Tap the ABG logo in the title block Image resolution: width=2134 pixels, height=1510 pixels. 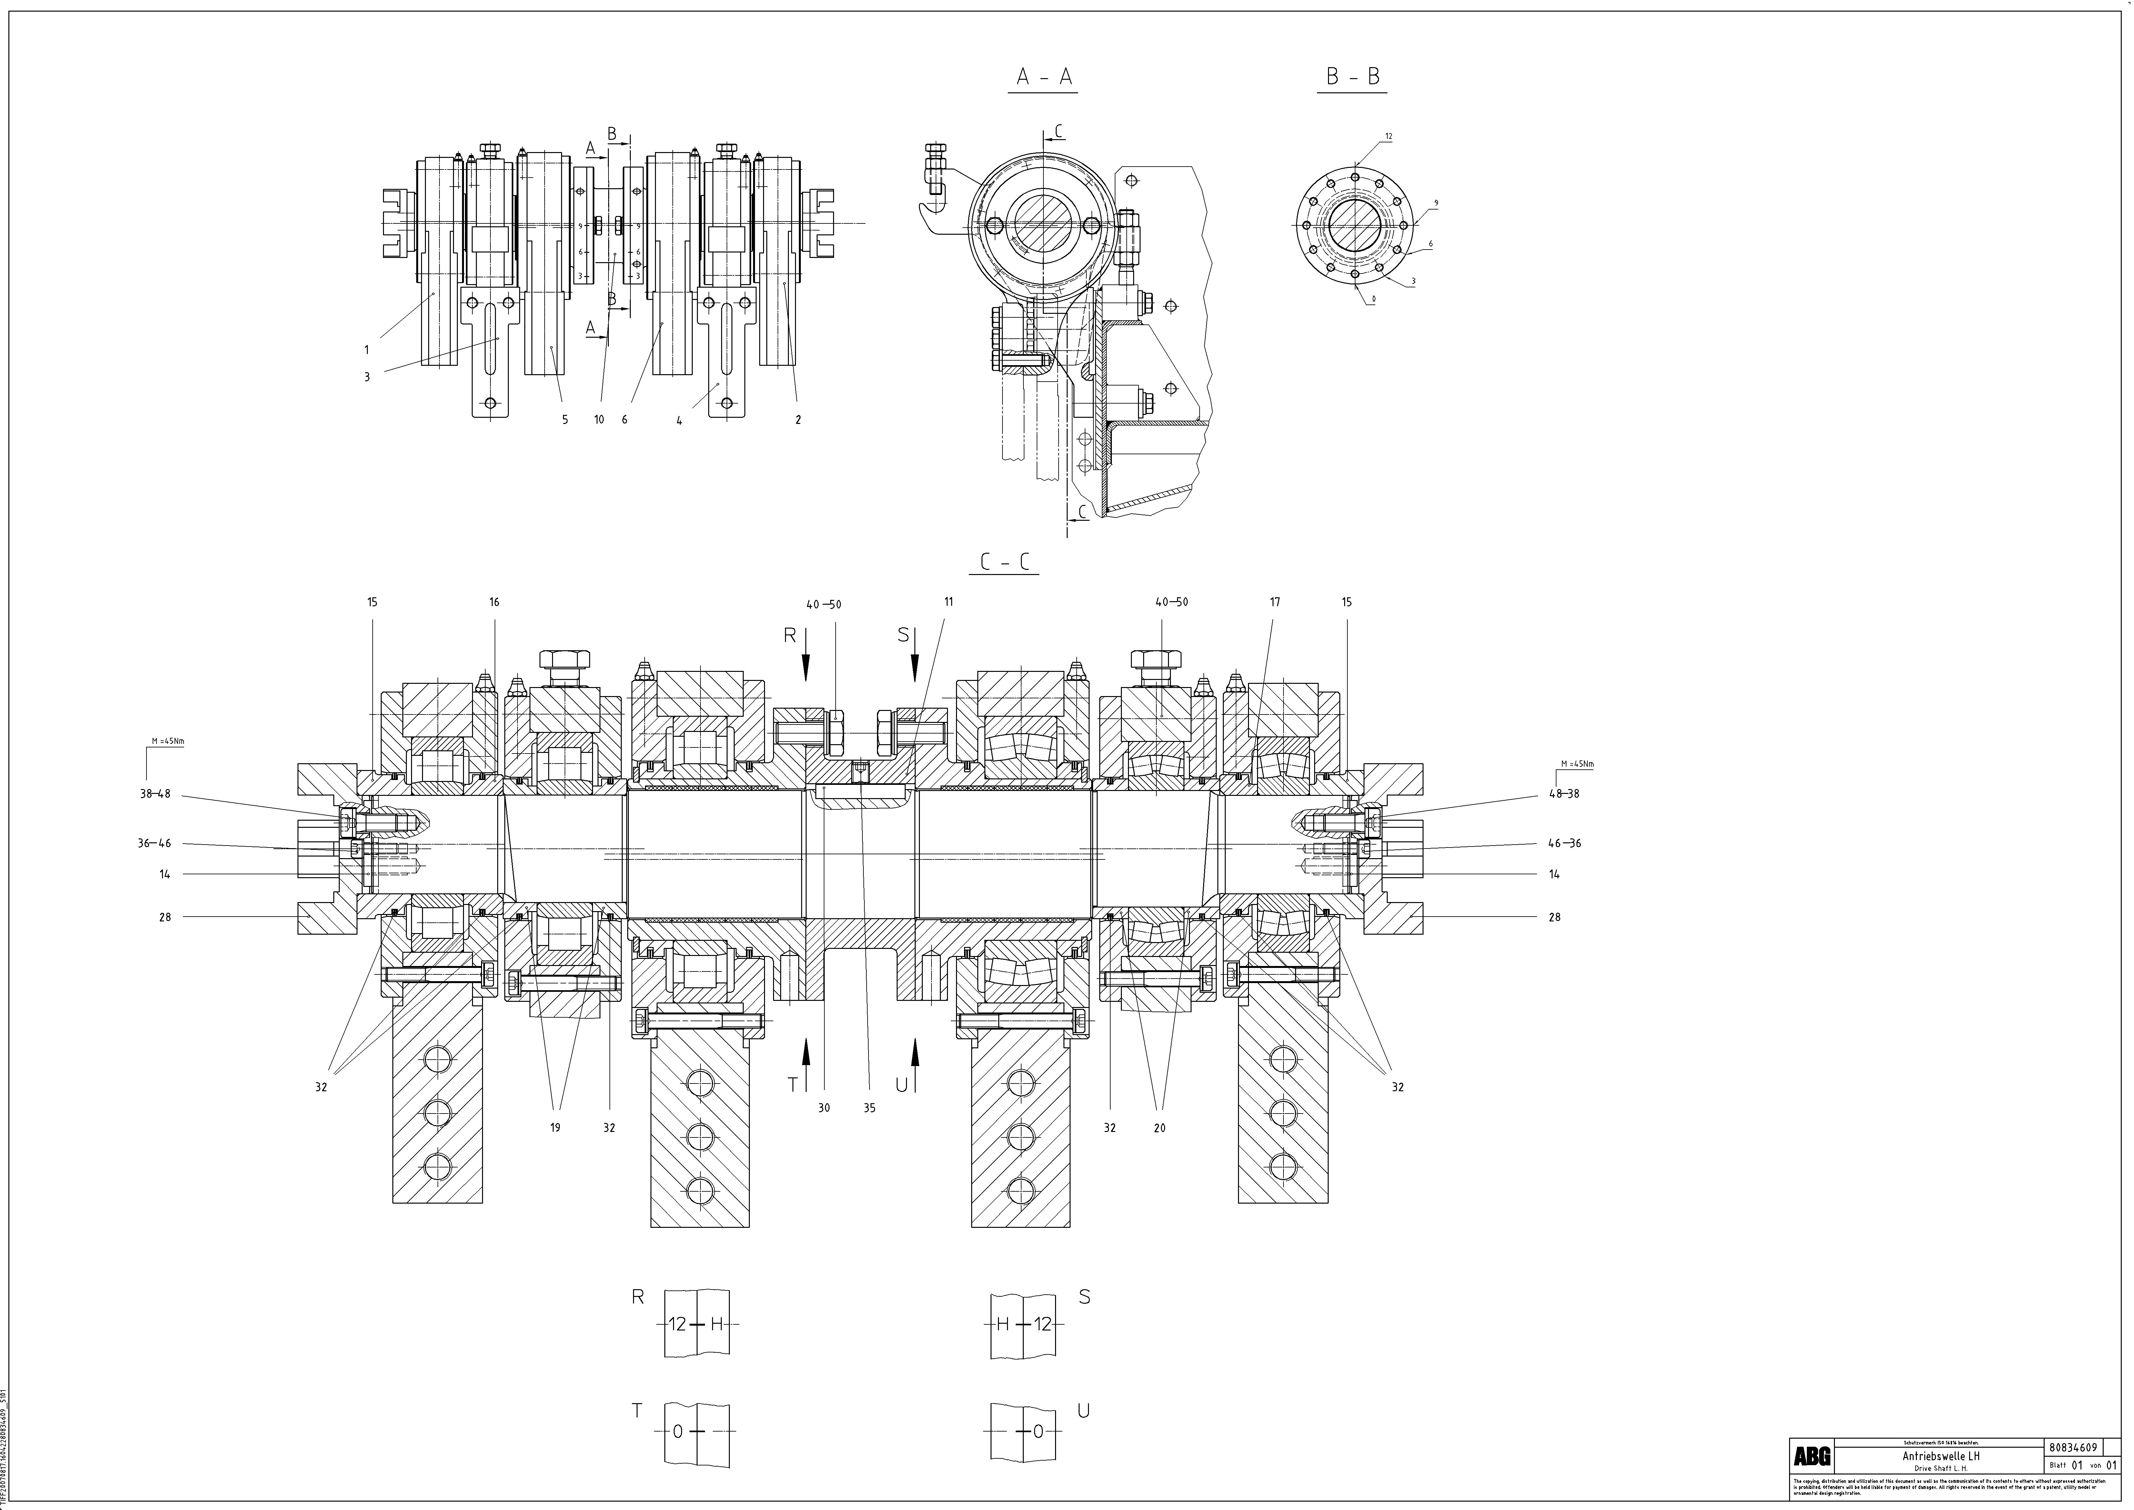1811,1456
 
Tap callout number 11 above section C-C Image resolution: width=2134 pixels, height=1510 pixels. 949,601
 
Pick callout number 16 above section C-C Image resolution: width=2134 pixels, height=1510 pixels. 495,601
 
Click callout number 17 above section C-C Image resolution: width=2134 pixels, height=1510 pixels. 1275,601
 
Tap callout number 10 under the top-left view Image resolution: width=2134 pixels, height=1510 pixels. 599,419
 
